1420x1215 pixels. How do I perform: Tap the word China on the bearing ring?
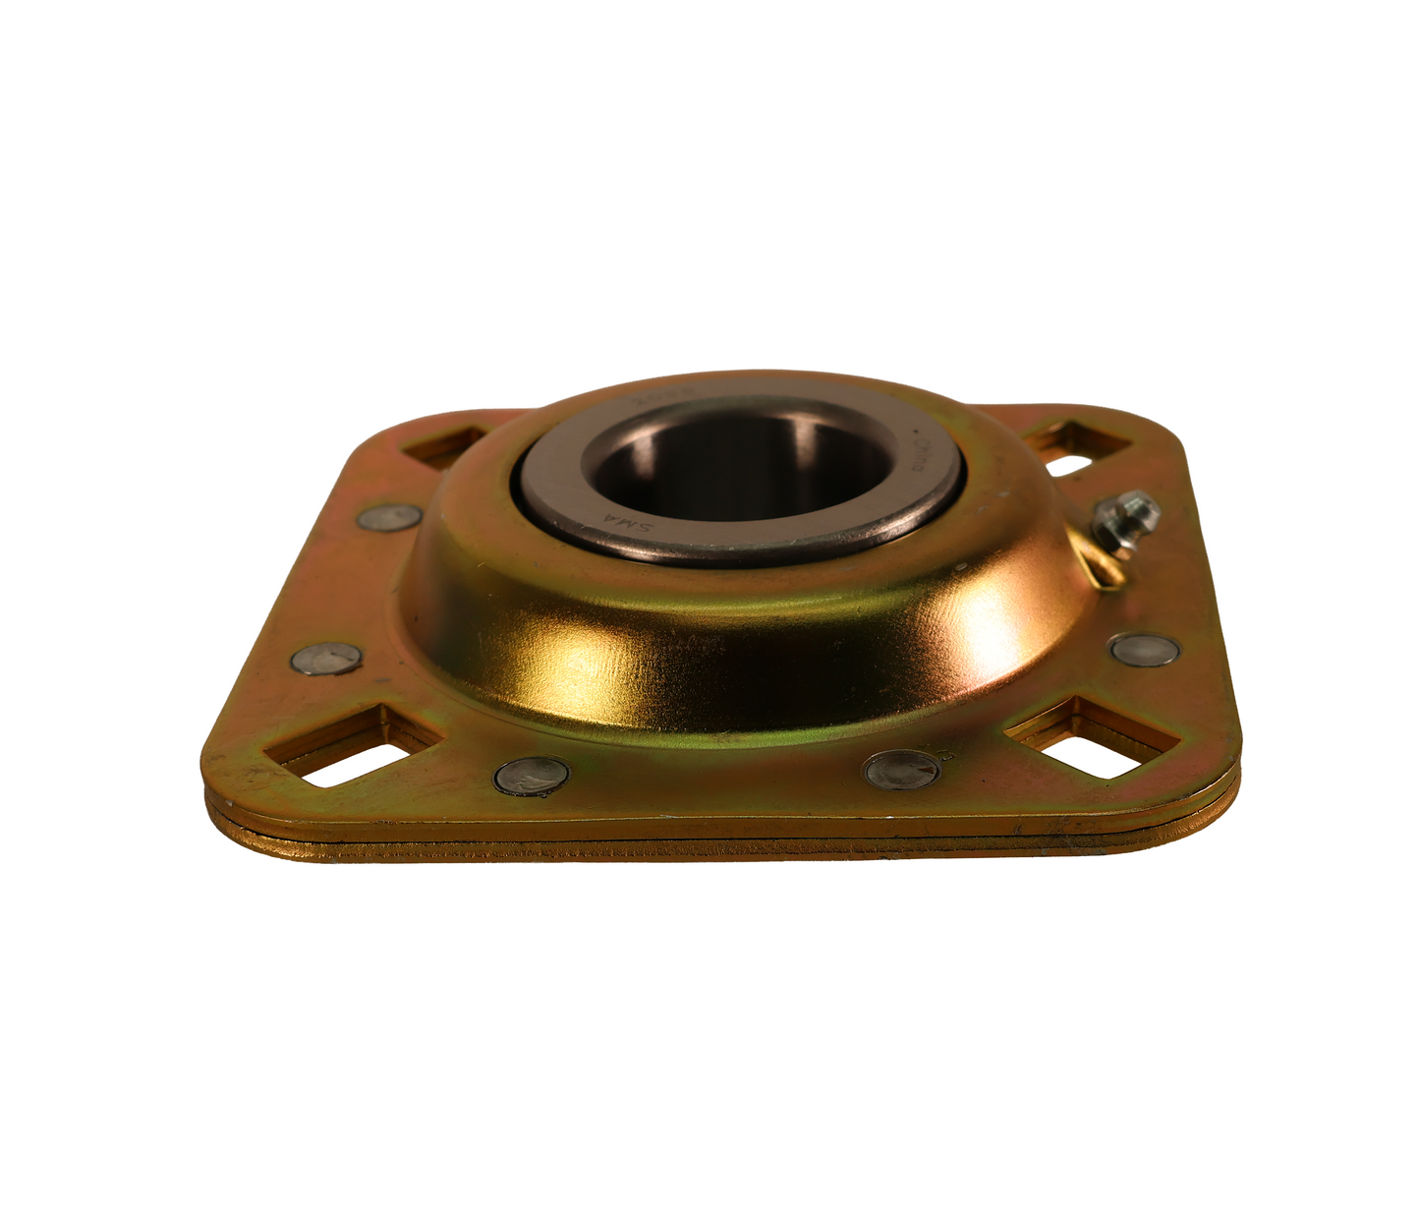pos(924,456)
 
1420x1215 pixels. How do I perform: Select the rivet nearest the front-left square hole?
pos(532,776)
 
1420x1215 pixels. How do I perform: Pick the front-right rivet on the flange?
pos(901,768)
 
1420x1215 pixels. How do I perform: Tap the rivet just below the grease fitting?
pos(1144,649)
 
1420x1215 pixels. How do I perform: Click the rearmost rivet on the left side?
pos(389,516)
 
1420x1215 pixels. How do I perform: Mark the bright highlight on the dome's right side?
pos(993,624)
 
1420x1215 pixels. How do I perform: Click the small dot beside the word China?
pos(916,434)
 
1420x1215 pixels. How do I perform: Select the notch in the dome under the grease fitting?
pos(1101,563)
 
